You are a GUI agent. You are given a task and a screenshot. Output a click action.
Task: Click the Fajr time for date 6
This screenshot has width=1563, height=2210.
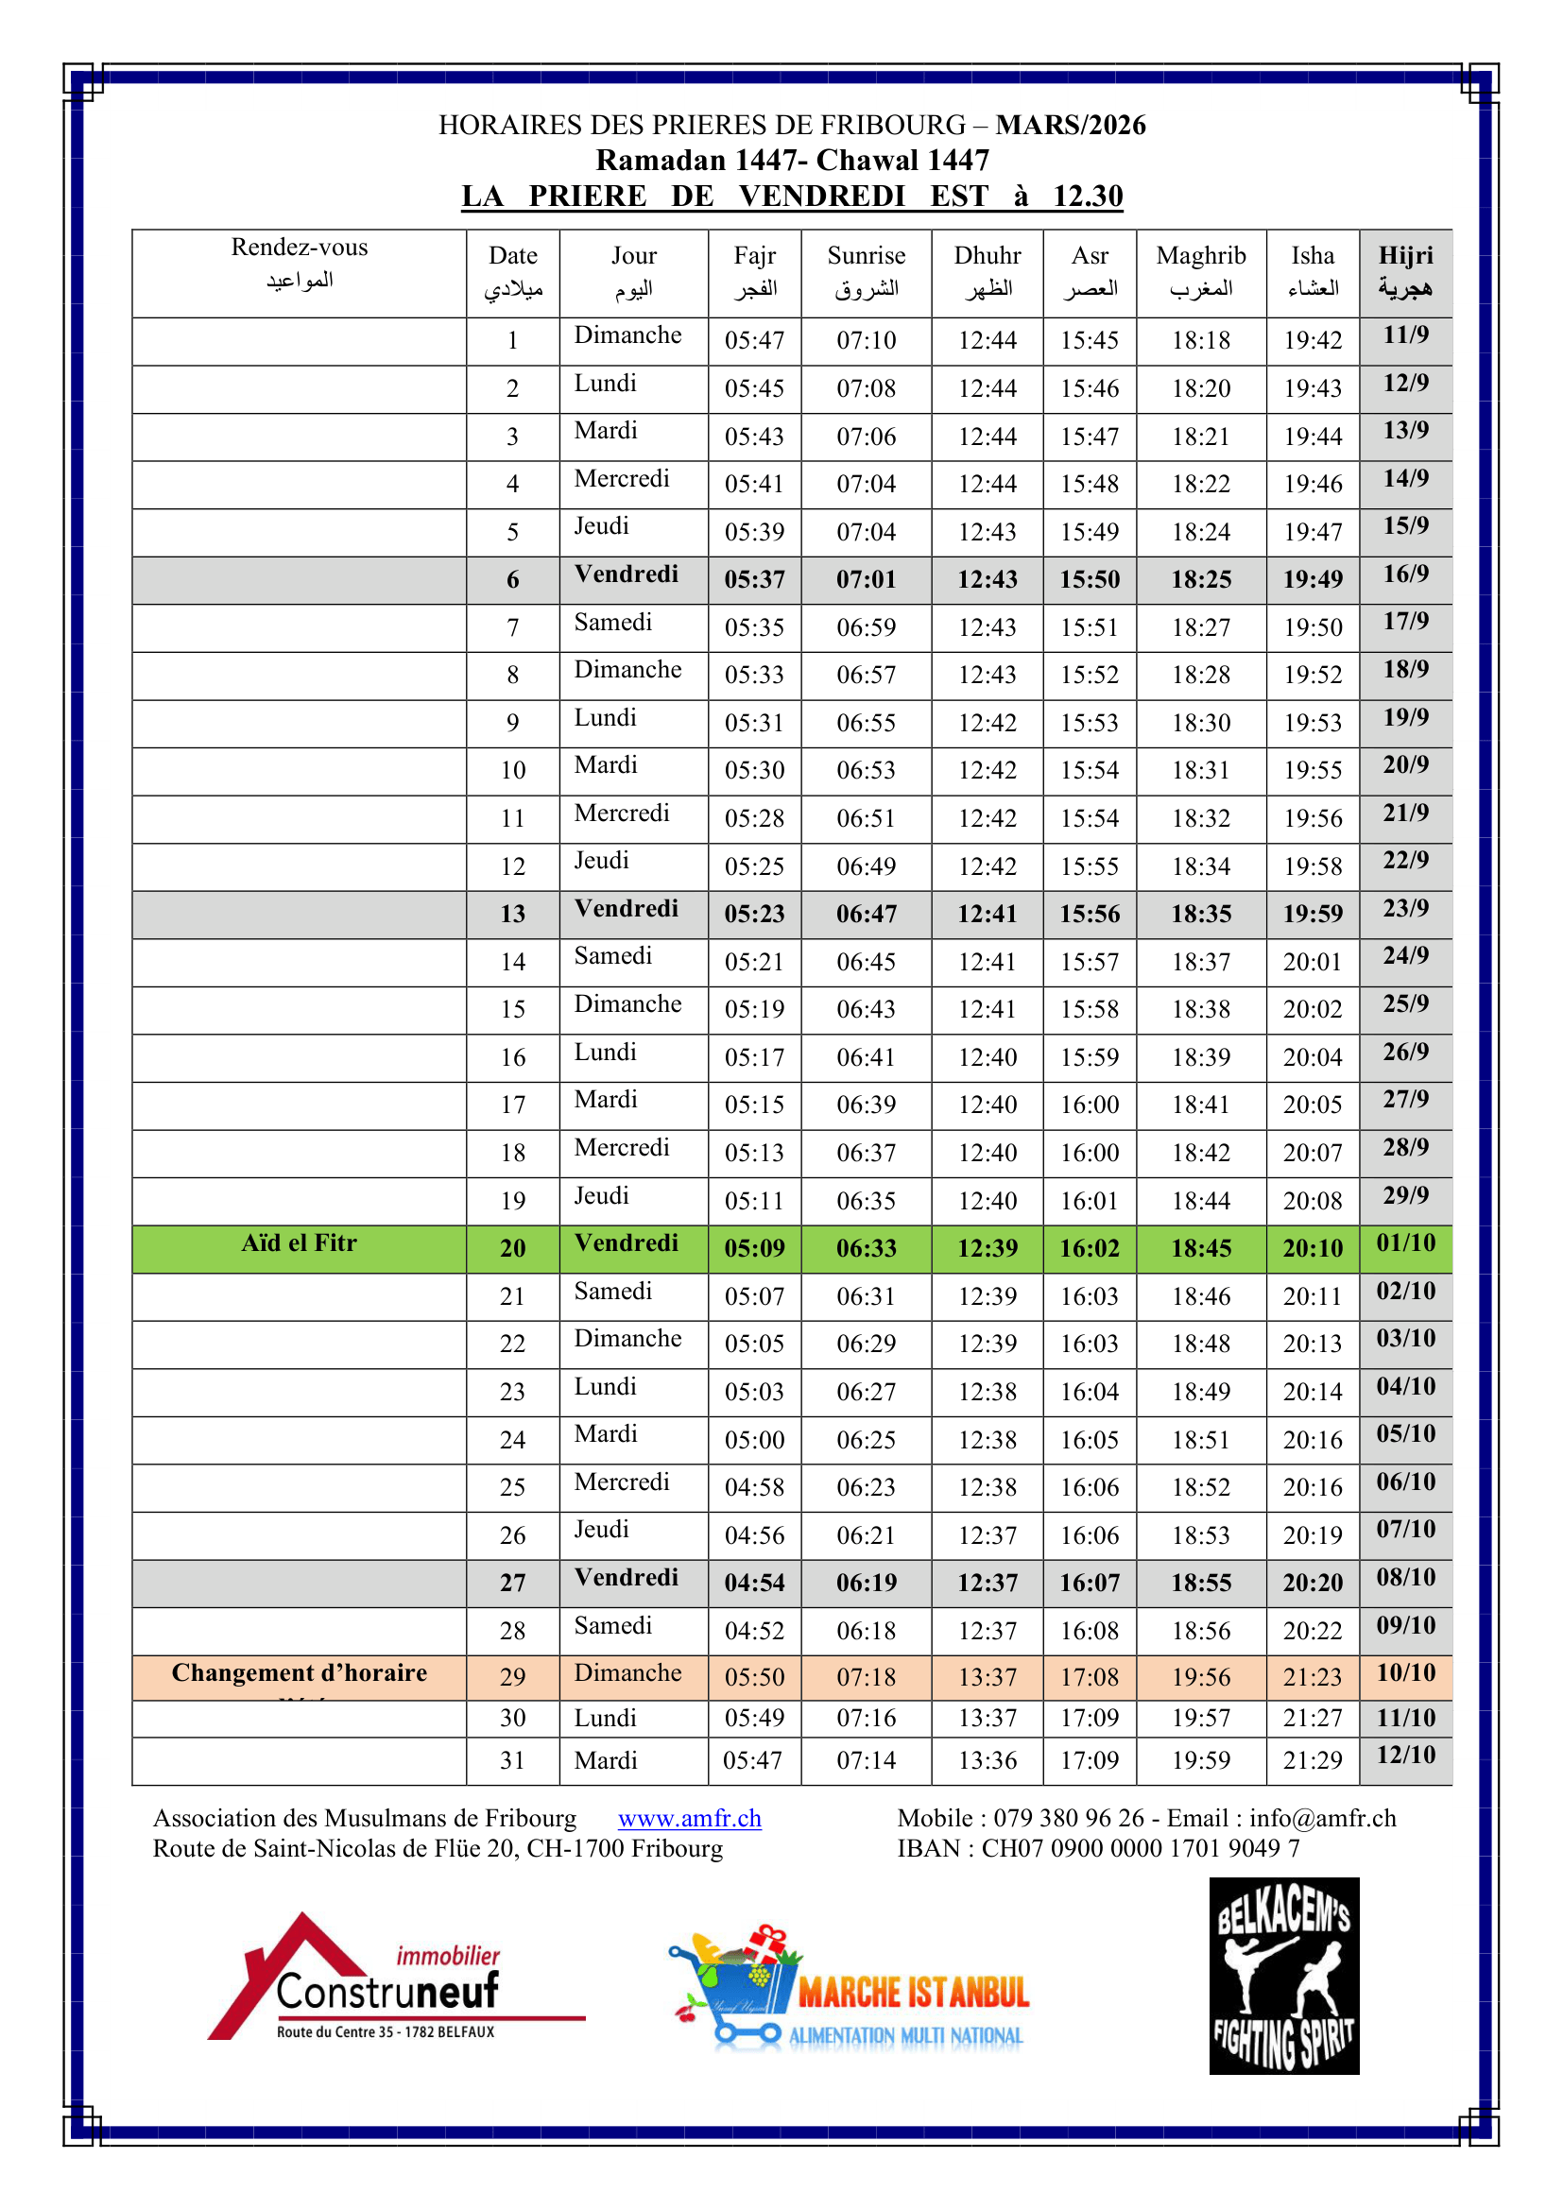point(754,579)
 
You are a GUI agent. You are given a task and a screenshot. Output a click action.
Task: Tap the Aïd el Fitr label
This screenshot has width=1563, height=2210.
point(299,1243)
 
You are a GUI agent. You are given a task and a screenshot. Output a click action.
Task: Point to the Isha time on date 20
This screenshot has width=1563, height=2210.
point(1312,1248)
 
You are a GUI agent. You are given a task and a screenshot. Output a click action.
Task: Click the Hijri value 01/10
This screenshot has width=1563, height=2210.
point(1405,1243)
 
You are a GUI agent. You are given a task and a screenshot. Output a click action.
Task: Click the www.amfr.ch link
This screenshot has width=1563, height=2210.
point(689,1818)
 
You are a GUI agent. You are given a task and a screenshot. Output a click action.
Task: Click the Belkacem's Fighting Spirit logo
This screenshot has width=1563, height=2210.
point(1284,1975)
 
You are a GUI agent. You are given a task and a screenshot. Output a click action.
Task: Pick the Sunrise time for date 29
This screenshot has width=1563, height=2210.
point(867,1678)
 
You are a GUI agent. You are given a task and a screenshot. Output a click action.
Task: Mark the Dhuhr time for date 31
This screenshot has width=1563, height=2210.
point(988,1760)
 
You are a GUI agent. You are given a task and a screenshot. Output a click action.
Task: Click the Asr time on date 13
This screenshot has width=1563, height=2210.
point(1090,914)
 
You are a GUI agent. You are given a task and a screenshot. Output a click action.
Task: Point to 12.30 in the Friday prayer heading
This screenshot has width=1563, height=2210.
point(1088,197)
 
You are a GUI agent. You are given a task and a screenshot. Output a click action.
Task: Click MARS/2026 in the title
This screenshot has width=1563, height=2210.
point(1071,125)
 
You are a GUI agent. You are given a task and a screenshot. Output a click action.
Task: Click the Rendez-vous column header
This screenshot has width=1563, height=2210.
point(300,263)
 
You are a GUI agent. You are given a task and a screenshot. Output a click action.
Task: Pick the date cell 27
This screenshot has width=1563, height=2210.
point(512,1584)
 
